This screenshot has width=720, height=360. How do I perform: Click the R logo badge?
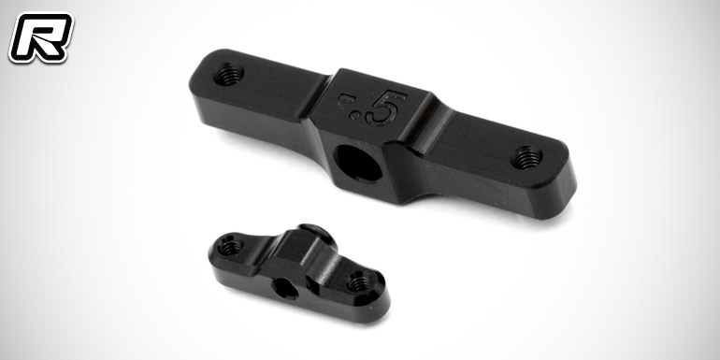tap(41, 37)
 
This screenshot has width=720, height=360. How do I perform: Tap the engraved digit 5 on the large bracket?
tap(385, 108)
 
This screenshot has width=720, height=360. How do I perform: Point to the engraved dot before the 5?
tap(354, 115)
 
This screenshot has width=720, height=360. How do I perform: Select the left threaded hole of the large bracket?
tap(229, 74)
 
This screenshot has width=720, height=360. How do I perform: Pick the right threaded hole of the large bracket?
tap(526, 157)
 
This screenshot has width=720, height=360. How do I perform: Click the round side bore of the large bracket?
tap(358, 163)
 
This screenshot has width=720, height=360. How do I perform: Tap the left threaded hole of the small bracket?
tap(230, 247)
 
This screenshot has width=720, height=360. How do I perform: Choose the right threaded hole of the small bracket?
tap(360, 282)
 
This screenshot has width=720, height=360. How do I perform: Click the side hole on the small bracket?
tap(284, 289)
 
